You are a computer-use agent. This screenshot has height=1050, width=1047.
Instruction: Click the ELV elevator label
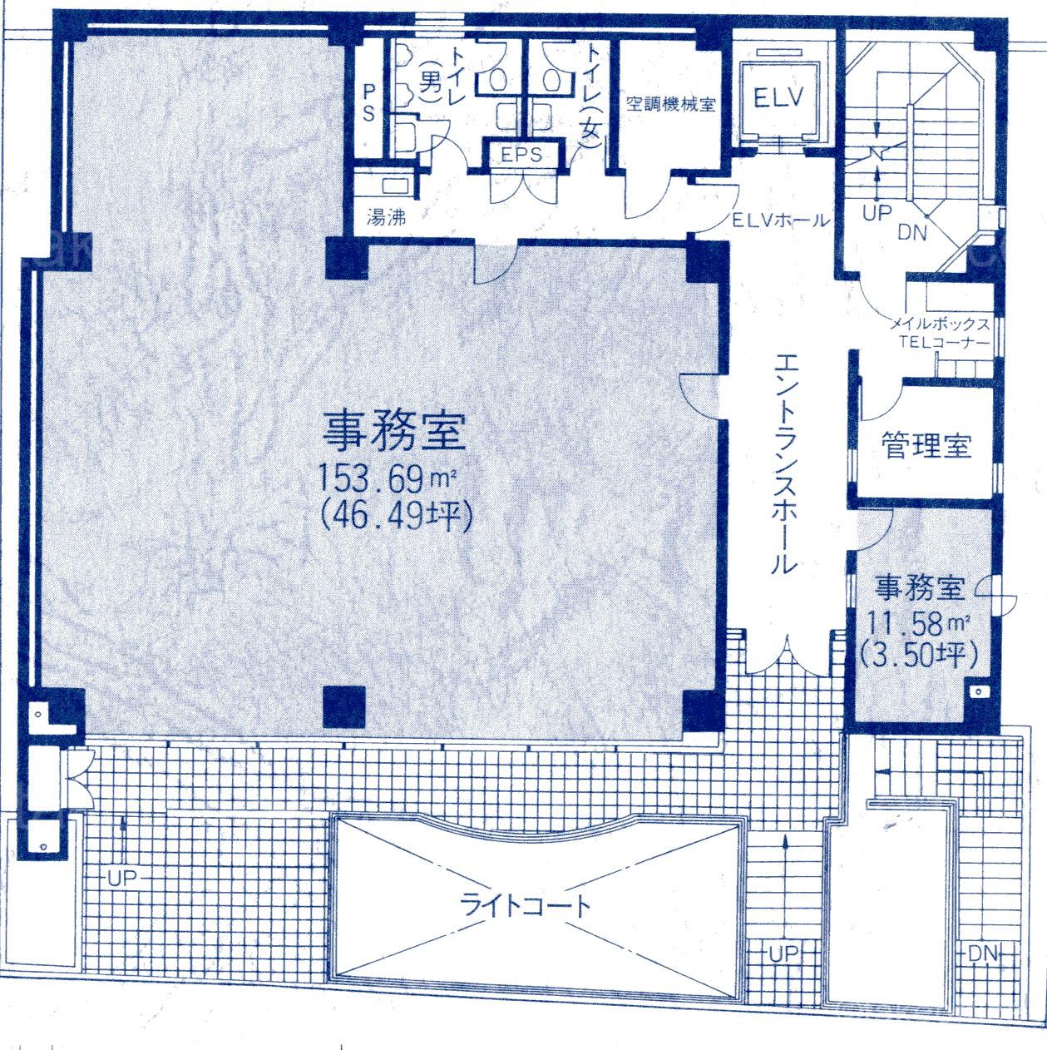(778, 98)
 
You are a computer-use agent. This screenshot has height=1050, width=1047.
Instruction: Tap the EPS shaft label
(521, 155)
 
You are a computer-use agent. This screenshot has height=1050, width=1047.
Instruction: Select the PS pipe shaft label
(368, 102)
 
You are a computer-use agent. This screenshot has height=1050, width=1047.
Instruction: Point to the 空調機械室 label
(670, 103)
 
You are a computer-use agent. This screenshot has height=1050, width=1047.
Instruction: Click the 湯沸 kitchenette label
(386, 217)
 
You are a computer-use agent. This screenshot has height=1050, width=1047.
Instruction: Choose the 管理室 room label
(926, 444)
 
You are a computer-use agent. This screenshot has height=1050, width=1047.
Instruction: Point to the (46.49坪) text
(396, 516)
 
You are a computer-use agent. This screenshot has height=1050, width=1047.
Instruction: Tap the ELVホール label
(780, 220)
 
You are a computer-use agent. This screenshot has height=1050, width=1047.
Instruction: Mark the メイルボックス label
(940, 324)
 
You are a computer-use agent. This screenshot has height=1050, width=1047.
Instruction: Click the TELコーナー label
(944, 342)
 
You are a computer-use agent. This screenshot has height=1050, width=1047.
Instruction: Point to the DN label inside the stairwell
(912, 233)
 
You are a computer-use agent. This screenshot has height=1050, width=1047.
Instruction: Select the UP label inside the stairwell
(877, 212)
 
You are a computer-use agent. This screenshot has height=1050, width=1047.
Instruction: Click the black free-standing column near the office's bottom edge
(343, 706)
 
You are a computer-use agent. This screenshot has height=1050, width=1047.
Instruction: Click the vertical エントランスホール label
(785, 463)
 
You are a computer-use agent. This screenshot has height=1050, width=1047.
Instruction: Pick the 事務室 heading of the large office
(394, 432)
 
